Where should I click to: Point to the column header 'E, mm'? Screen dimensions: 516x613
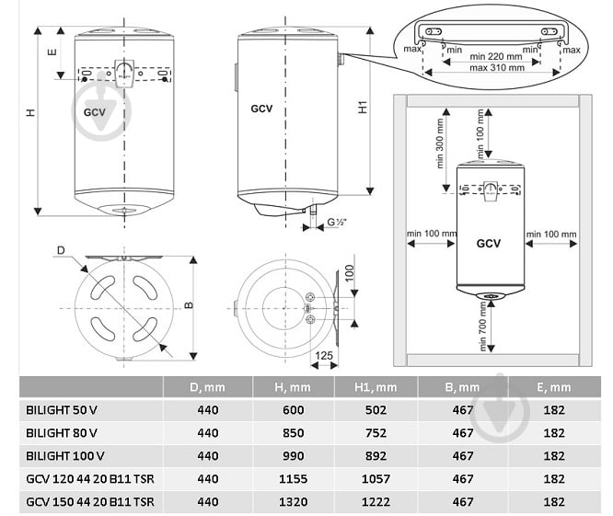point(554,387)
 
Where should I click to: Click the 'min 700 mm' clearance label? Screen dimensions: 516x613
point(481,333)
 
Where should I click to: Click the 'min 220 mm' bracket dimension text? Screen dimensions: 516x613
point(494,55)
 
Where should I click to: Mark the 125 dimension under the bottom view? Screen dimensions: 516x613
point(323,354)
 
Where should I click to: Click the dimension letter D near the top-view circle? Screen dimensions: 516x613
point(61,250)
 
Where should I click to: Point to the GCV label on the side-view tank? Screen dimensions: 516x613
point(262,108)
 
